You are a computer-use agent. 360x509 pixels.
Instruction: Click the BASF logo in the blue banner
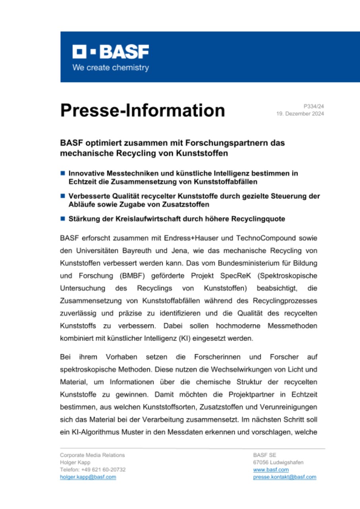111,52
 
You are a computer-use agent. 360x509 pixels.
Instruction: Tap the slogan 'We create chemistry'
111,68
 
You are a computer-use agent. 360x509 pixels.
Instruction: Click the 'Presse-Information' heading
142,110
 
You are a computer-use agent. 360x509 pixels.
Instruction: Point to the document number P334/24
314,107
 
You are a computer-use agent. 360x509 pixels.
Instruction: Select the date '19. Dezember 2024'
300,114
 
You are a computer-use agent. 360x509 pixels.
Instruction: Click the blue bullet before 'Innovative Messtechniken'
62,173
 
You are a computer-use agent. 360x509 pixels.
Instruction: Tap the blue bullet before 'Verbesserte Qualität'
62,196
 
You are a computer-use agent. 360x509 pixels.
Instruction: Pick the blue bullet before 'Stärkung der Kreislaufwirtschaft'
62,219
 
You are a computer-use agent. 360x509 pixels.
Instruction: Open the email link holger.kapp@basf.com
88,477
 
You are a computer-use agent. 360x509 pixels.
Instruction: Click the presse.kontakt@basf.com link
284,477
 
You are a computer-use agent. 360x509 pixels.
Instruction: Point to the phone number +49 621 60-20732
103,470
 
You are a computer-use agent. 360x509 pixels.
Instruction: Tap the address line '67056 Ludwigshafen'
278,462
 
